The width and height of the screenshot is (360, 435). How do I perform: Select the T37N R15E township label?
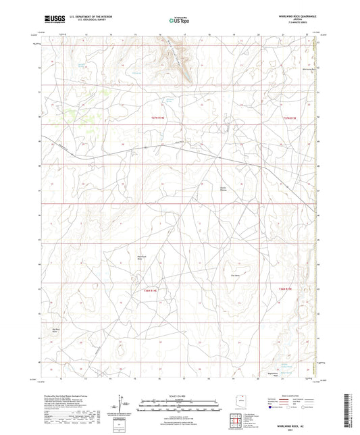pyautogui.click(x=289, y=117)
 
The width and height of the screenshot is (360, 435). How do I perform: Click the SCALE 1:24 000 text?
pyautogui.click(x=180, y=394)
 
